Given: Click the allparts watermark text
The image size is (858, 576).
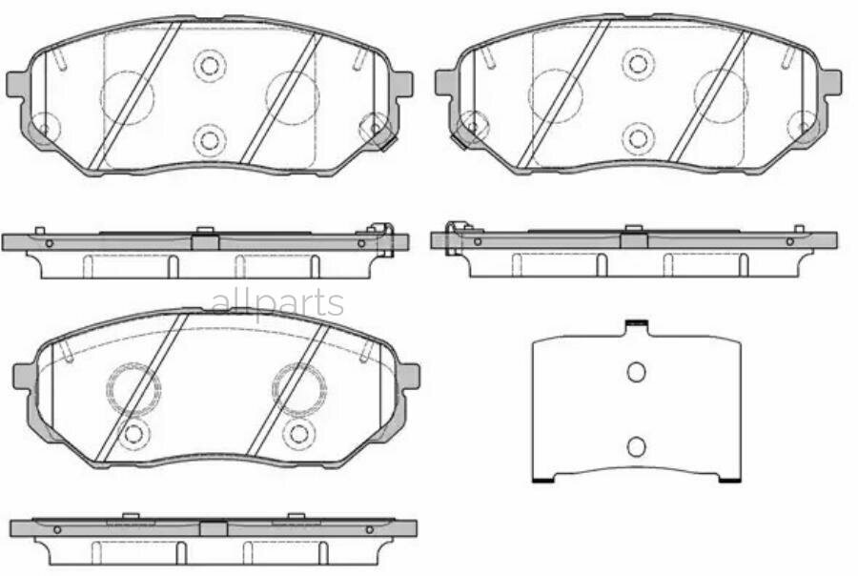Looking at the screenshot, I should (x=276, y=302).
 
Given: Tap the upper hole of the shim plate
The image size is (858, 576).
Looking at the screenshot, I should (x=636, y=372).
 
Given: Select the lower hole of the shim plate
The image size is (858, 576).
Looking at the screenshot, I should (x=636, y=444).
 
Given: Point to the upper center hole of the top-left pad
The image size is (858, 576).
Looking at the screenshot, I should (x=209, y=66).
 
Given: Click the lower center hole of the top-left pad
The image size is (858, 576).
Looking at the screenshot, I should (x=209, y=137).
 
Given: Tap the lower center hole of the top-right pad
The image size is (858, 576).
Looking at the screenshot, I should (x=638, y=136).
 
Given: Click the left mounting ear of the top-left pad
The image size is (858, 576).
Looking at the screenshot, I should (x=16, y=83).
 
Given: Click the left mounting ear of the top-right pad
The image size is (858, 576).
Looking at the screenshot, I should (x=445, y=82).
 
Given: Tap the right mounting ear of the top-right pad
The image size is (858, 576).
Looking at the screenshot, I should (x=831, y=81).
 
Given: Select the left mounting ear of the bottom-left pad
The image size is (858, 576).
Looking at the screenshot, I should (x=23, y=376).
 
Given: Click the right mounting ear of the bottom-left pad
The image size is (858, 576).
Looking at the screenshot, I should (x=409, y=375).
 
